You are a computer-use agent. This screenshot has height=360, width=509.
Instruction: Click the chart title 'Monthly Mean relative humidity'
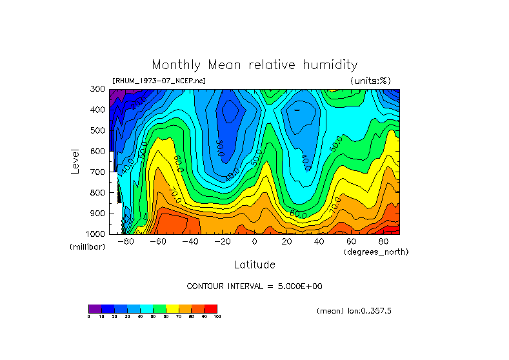click(254, 65)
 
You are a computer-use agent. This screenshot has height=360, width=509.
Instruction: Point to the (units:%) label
click(370, 81)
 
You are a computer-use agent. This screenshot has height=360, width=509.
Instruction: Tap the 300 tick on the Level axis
click(98, 89)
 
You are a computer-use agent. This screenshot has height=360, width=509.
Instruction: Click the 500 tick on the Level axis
click(98, 130)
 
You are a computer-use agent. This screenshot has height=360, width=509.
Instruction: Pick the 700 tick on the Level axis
click(98, 172)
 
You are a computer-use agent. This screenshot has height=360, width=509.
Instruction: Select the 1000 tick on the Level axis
click(96, 234)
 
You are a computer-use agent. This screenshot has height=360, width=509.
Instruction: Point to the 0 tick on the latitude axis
click(254, 241)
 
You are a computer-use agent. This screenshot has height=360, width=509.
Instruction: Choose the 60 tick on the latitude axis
click(351, 241)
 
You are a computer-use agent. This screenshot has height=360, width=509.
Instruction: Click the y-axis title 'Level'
click(75, 161)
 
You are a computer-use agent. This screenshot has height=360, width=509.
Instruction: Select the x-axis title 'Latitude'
click(254, 265)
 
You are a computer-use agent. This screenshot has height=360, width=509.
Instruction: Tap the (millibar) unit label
click(87, 248)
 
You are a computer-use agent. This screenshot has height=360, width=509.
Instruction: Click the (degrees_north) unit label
click(376, 251)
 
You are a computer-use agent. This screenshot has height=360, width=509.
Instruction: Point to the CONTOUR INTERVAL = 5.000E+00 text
click(254, 286)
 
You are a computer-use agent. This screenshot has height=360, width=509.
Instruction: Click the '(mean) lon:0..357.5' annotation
click(354, 311)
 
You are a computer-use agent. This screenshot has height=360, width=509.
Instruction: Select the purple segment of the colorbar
click(95, 308)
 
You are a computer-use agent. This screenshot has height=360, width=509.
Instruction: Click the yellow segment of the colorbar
click(172, 308)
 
